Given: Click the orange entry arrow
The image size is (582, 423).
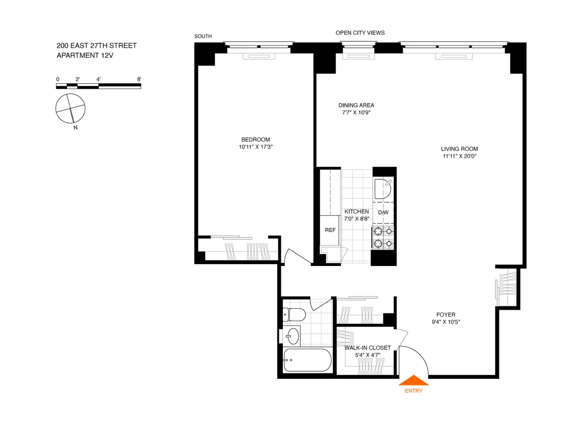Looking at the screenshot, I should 414,381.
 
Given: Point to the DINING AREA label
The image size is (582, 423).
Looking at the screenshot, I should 356,105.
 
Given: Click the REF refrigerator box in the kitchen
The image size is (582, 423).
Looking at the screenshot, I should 330,230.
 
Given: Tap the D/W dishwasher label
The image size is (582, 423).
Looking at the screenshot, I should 383,212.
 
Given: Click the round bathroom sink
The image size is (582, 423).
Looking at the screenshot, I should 292,335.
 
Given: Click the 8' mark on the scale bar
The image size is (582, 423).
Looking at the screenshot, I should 139,79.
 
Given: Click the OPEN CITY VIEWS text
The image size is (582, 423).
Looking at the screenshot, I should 360,33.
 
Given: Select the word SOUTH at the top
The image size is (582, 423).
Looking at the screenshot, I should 203,36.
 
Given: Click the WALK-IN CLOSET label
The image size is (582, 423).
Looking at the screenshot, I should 368,347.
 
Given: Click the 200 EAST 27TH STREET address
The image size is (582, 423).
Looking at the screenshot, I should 97,46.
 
